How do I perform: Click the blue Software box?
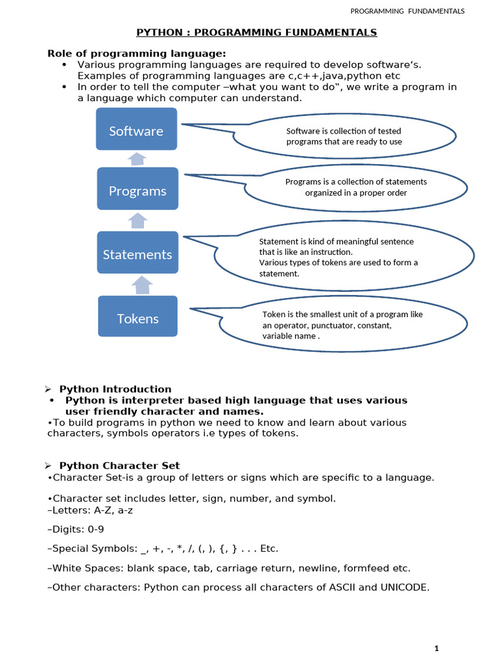[x=136, y=130]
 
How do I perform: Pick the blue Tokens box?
[x=137, y=317]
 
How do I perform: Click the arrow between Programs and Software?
[x=137, y=159]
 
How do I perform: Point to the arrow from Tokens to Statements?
[x=142, y=284]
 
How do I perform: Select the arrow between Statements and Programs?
[x=137, y=220]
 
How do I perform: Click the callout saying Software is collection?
[x=344, y=136]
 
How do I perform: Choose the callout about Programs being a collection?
[x=356, y=187]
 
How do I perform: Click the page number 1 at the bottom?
[x=437, y=648]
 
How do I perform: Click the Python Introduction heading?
[x=115, y=389]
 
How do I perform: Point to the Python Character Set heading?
[x=119, y=466]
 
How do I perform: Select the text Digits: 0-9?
[x=76, y=529]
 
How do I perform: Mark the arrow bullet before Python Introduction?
[x=48, y=389]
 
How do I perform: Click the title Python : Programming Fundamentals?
[x=256, y=32]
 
